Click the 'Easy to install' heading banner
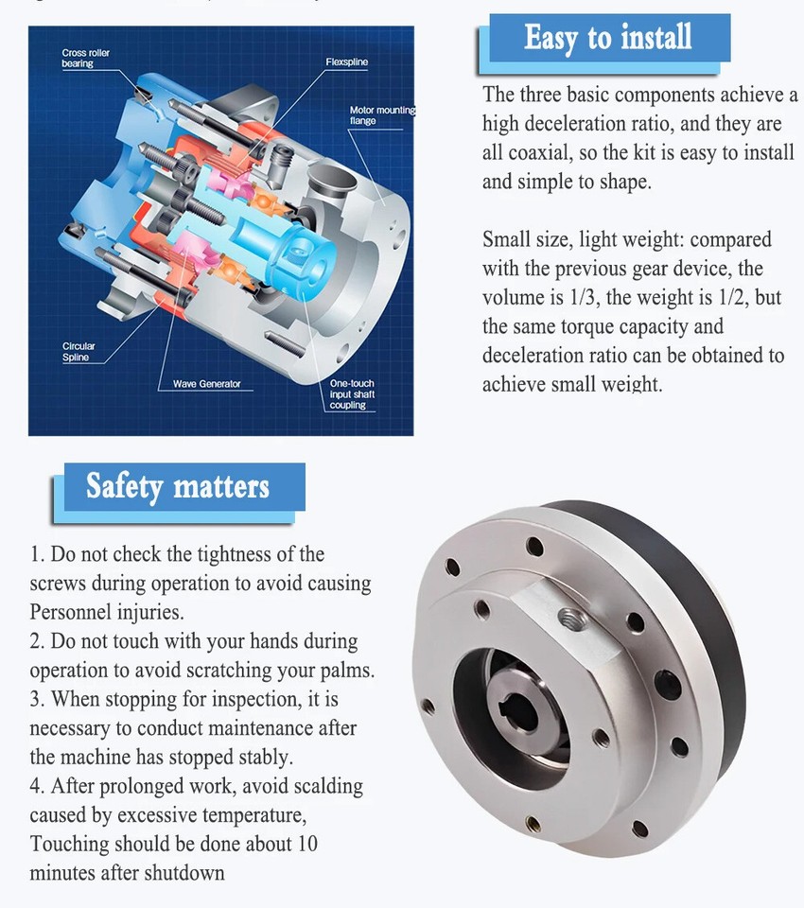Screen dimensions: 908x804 pos(608,39)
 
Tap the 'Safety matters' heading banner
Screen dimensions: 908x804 pos(178,487)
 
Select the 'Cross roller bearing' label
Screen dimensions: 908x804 pos(86,58)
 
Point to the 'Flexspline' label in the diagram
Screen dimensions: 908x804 pos(347,62)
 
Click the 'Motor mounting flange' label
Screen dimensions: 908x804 pos(381,115)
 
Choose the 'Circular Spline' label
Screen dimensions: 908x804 pos(79,352)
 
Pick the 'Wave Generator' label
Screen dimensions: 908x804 pos(206,384)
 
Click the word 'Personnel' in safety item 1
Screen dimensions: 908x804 pos(72,612)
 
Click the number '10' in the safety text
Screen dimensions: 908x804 pos(308,844)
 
